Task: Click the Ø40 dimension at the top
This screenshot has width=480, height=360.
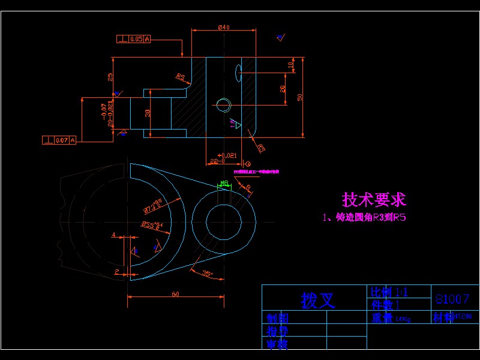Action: click(x=223, y=27)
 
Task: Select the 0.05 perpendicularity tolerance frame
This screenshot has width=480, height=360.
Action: click(x=133, y=40)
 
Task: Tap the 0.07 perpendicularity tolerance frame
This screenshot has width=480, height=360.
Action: click(x=59, y=140)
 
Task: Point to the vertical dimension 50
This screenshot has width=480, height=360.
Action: click(x=299, y=97)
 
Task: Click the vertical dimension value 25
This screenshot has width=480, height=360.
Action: click(x=110, y=77)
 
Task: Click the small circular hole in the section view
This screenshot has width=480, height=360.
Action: click(x=224, y=105)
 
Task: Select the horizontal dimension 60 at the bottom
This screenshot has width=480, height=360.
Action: click(x=175, y=294)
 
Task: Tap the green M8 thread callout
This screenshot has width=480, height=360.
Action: click(x=224, y=182)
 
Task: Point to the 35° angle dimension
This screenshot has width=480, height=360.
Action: click(x=208, y=274)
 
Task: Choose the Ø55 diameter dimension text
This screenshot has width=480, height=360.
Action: click(x=151, y=226)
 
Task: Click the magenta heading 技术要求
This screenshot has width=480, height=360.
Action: click(x=374, y=199)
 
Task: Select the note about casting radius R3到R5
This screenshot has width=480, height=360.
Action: click(x=364, y=218)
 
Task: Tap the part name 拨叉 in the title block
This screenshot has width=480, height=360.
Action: click(x=317, y=299)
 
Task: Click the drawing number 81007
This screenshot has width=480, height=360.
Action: click(x=452, y=299)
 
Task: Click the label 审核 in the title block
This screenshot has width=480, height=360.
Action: click(x=278, y=344)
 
